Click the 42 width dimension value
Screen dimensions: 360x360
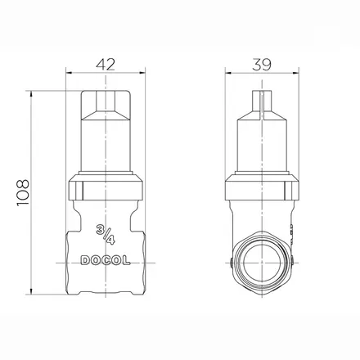[106, 65]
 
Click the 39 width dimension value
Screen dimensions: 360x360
[262, 65]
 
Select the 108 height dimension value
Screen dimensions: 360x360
[23, 192]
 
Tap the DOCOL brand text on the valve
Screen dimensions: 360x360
[106, 260]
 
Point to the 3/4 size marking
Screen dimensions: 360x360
[106, 235]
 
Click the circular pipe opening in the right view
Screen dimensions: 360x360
[262, 263]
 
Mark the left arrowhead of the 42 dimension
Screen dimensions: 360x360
[68, 73]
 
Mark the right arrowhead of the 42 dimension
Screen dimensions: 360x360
[143, 73]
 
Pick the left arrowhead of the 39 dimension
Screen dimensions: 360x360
[227, 73]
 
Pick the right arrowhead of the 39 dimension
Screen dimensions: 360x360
[296, 73]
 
